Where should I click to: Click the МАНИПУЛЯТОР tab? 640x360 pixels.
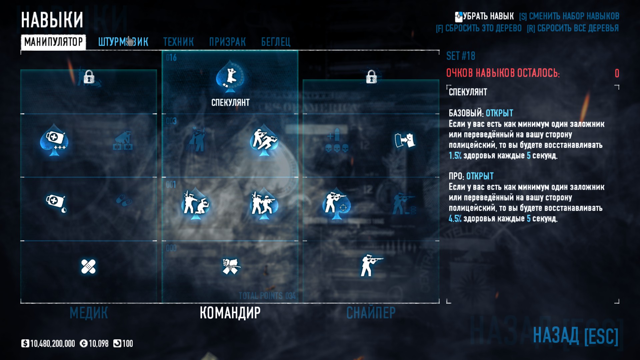coord(53,42)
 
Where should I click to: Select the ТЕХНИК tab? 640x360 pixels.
coord(178,42)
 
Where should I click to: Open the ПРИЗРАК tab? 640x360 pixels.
coord(227,42)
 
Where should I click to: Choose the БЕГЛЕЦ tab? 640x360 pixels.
coord(276,42)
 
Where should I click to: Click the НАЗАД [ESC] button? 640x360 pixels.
coord(575,335)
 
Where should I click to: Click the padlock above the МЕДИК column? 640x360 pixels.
coord(89,77)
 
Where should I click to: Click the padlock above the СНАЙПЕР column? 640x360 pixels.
coord(371,77)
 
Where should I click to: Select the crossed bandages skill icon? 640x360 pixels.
coord(88,267)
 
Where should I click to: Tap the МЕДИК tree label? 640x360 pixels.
coord(89,313)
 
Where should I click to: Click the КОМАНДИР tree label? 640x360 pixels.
coord(230,313)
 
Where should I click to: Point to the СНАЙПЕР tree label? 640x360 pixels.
coord(371,313)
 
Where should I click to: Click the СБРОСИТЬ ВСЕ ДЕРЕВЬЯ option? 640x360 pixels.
coord(573,28)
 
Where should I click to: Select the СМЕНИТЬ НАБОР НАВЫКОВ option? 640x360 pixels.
coord(569,16)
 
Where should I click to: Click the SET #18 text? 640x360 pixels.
coord(461,56)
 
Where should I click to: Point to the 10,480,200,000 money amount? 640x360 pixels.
coord(52,344)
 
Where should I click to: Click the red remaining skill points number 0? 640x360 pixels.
coord(617,73)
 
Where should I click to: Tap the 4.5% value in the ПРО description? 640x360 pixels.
coord(455,219)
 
